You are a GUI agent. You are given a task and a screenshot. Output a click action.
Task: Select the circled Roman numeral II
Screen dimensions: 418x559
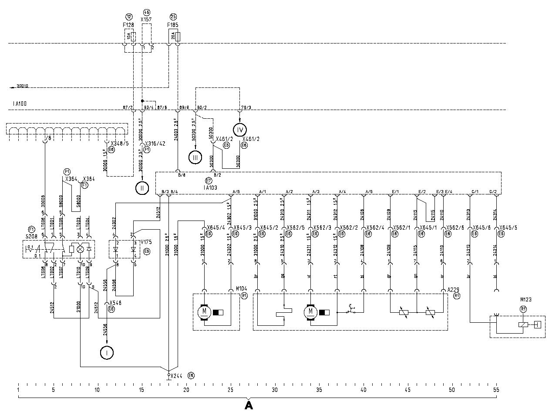142,188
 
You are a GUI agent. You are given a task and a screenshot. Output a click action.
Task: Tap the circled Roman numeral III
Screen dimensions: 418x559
195,157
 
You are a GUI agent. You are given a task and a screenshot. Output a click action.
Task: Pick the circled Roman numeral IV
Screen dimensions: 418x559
239,129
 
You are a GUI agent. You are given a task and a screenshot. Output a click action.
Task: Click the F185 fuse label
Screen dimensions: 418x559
173,25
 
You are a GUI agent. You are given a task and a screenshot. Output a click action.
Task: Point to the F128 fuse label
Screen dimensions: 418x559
128,25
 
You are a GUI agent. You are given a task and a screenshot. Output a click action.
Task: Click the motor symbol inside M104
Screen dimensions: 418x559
203,312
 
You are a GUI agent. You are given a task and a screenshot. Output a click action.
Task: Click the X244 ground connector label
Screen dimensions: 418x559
177,376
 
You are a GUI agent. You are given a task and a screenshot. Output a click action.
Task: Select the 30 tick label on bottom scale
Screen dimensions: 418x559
275,390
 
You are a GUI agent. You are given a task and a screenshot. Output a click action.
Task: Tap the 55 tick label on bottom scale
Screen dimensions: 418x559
496,390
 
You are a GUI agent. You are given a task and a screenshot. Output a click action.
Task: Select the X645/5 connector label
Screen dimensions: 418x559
508,227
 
